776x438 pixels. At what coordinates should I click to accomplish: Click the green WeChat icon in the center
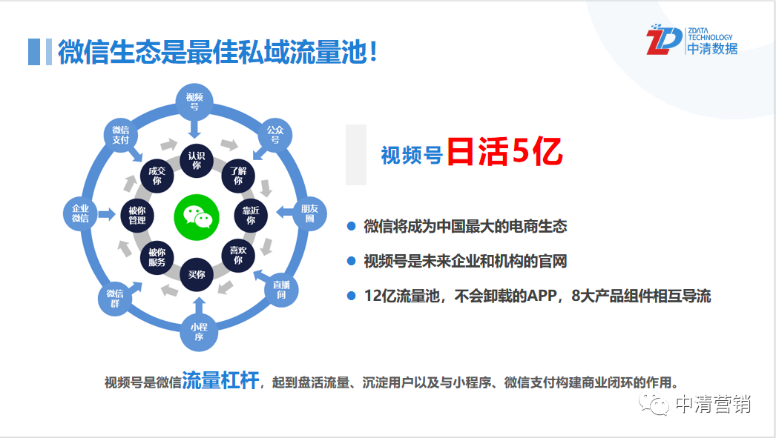197,217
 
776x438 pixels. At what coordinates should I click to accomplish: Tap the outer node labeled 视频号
194,102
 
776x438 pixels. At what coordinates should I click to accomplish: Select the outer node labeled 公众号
275,134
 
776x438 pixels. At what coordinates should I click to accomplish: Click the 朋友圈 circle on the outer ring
310,213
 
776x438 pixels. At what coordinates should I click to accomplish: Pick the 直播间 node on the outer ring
281,289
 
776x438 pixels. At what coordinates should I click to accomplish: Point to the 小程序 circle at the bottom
199,332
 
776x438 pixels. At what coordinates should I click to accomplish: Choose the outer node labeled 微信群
115,298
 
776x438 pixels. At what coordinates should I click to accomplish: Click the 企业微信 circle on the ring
80,213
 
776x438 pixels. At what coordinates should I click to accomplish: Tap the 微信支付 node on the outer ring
120,134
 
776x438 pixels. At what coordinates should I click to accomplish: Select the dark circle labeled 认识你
197,160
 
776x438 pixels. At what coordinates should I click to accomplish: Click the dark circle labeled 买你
197,274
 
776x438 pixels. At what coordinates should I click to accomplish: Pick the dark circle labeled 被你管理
137,216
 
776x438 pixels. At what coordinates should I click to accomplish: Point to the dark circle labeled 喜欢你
238,255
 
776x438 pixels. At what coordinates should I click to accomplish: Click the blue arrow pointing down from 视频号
194,128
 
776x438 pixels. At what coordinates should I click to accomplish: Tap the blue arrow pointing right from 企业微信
106,214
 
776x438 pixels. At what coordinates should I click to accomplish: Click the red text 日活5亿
504,151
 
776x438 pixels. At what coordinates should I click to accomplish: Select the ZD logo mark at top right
663,39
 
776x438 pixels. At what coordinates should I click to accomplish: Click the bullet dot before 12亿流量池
352,296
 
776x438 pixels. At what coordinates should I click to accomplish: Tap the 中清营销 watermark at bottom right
695,404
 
